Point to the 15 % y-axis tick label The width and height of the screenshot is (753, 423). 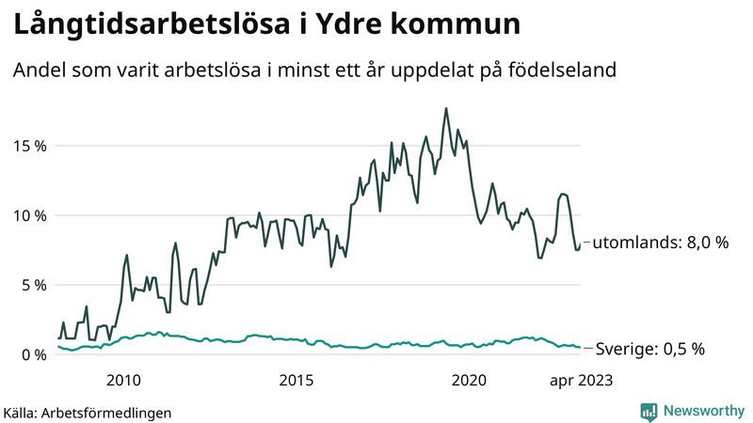pyautogui.click(x=30, y=146)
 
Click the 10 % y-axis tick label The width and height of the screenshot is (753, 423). pyautogui.click(x=30, y=215)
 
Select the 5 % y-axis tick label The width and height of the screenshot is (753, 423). pyautogui.click(x=34, y=285)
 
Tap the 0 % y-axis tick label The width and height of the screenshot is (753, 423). pyautogui.click(x=34, y=354)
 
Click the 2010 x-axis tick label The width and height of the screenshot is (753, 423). pyautogui.click(x=123, y=380)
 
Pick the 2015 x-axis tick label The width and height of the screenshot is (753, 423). pyautogui.click(x=296, y=380)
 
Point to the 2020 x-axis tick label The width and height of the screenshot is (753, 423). pyautogui.click(x=470, y=380)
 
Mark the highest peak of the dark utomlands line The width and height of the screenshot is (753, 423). pyautogui.click(x=446, y=108)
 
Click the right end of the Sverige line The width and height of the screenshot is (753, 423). pyautogui.click(x=580, y=348)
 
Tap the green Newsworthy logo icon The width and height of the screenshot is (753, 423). pyautogui.click(x=649, y=411)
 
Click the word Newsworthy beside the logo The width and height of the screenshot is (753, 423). pyautogui.click(x=703, y=411)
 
